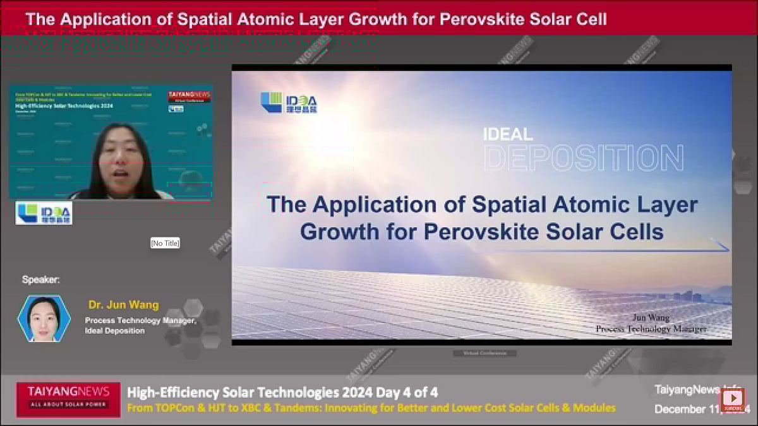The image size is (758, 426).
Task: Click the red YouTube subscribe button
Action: (x=733, y=399)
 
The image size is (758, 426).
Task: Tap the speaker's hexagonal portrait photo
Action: (x=44, y=319)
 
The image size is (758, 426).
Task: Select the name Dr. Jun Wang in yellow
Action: (x=124, y=305)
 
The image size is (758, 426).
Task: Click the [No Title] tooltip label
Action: (x=165, y=243)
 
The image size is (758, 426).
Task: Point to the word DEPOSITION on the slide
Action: (x=584, y=158)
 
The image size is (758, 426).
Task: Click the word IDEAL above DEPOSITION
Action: (x=508, y=134)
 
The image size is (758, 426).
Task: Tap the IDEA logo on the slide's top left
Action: (x=289, y=102)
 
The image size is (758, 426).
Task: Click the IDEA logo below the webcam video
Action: (x=44, y=213)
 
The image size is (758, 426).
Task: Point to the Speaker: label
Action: (x=40, y=280)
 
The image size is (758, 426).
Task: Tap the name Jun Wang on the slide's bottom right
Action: (x=651, y=318)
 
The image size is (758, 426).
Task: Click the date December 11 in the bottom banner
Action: (x=685, y=409)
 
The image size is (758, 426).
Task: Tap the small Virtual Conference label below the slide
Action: (x=484, y=353)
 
